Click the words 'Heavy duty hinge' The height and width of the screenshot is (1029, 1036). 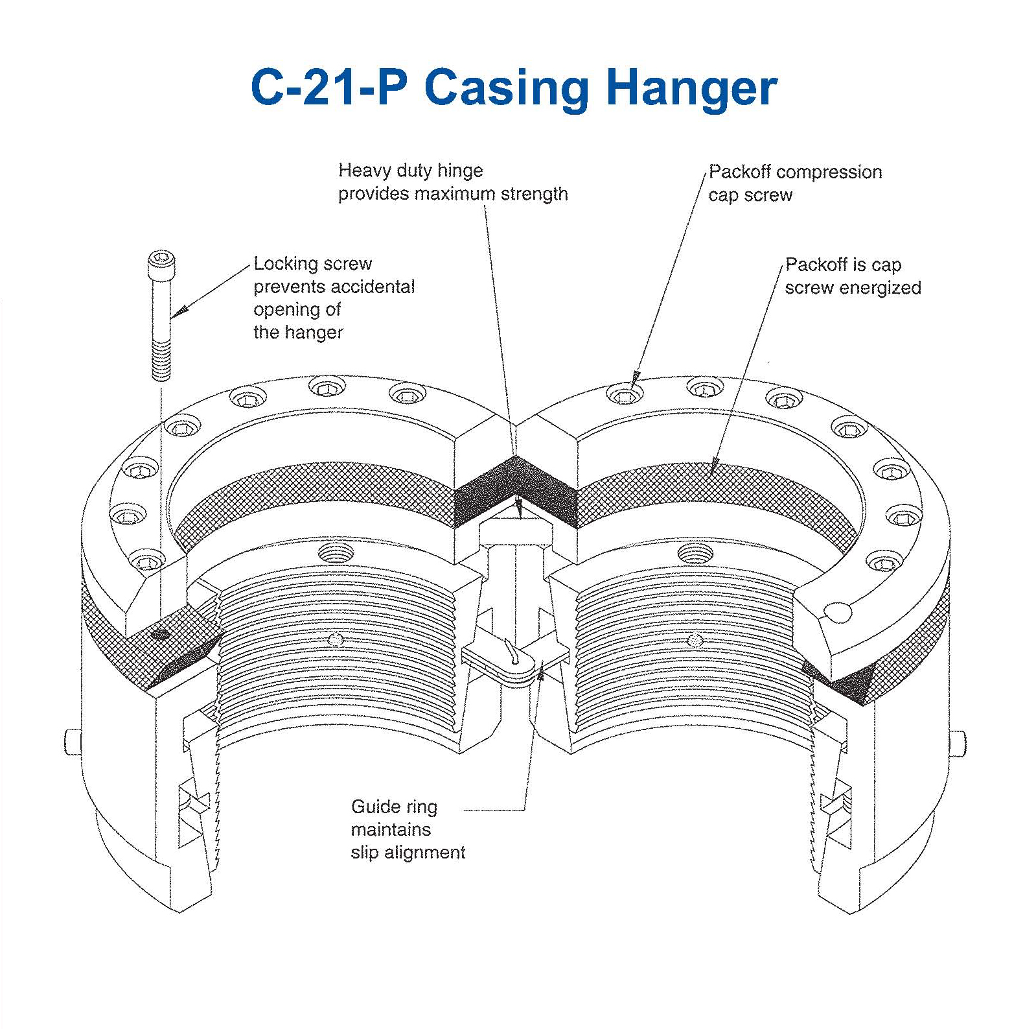(x=410, y=171)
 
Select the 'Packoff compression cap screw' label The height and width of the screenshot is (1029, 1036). (x=794, y=183)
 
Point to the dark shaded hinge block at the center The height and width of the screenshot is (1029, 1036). (x=516, y=490)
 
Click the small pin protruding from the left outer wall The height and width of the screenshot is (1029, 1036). (x=71, y=741)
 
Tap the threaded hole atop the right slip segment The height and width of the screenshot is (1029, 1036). (x=695, y=553)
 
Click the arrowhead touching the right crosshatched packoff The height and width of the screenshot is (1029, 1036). (x=715, y=464)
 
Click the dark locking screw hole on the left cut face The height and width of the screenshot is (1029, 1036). (x=160, y=635)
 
